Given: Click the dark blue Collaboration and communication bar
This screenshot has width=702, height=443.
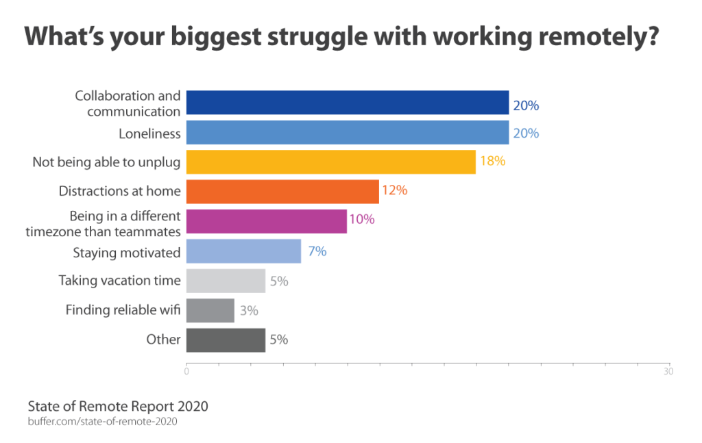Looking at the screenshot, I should pos(347,103).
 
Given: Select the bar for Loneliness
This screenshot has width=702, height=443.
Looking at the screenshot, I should pos(347,133).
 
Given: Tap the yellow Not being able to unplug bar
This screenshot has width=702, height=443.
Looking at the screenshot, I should pos(330,162).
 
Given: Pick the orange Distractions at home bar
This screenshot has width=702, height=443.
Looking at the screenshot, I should pos(282,192).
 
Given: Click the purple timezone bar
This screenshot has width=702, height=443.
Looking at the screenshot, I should pos(266,221).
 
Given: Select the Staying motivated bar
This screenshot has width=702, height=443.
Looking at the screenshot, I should pos(243,251).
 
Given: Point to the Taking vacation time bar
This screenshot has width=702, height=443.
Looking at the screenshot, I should pos(226,281).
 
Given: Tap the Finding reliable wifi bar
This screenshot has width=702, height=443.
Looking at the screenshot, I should pos(210,310).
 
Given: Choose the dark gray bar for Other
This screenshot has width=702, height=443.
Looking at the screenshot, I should pos(226,340).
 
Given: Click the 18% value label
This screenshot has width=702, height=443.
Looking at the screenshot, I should pos(492,162).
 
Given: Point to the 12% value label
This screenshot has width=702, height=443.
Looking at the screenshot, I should pos(395,191).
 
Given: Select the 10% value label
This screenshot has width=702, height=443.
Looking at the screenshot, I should pos(363,220).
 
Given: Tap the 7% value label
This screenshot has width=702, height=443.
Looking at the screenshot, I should pos(317,251).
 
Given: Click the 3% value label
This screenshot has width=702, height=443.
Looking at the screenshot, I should pos(249,310).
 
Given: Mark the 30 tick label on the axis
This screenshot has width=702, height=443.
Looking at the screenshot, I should pos(668,372).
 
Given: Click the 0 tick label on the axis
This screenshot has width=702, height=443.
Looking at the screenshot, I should pos(186,372).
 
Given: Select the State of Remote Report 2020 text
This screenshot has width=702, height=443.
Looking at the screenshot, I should pos(118,406).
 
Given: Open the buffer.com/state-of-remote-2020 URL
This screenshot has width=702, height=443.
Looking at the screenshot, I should pos(102,422).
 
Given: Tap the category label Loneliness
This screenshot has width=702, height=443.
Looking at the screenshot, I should pos(149,134).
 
